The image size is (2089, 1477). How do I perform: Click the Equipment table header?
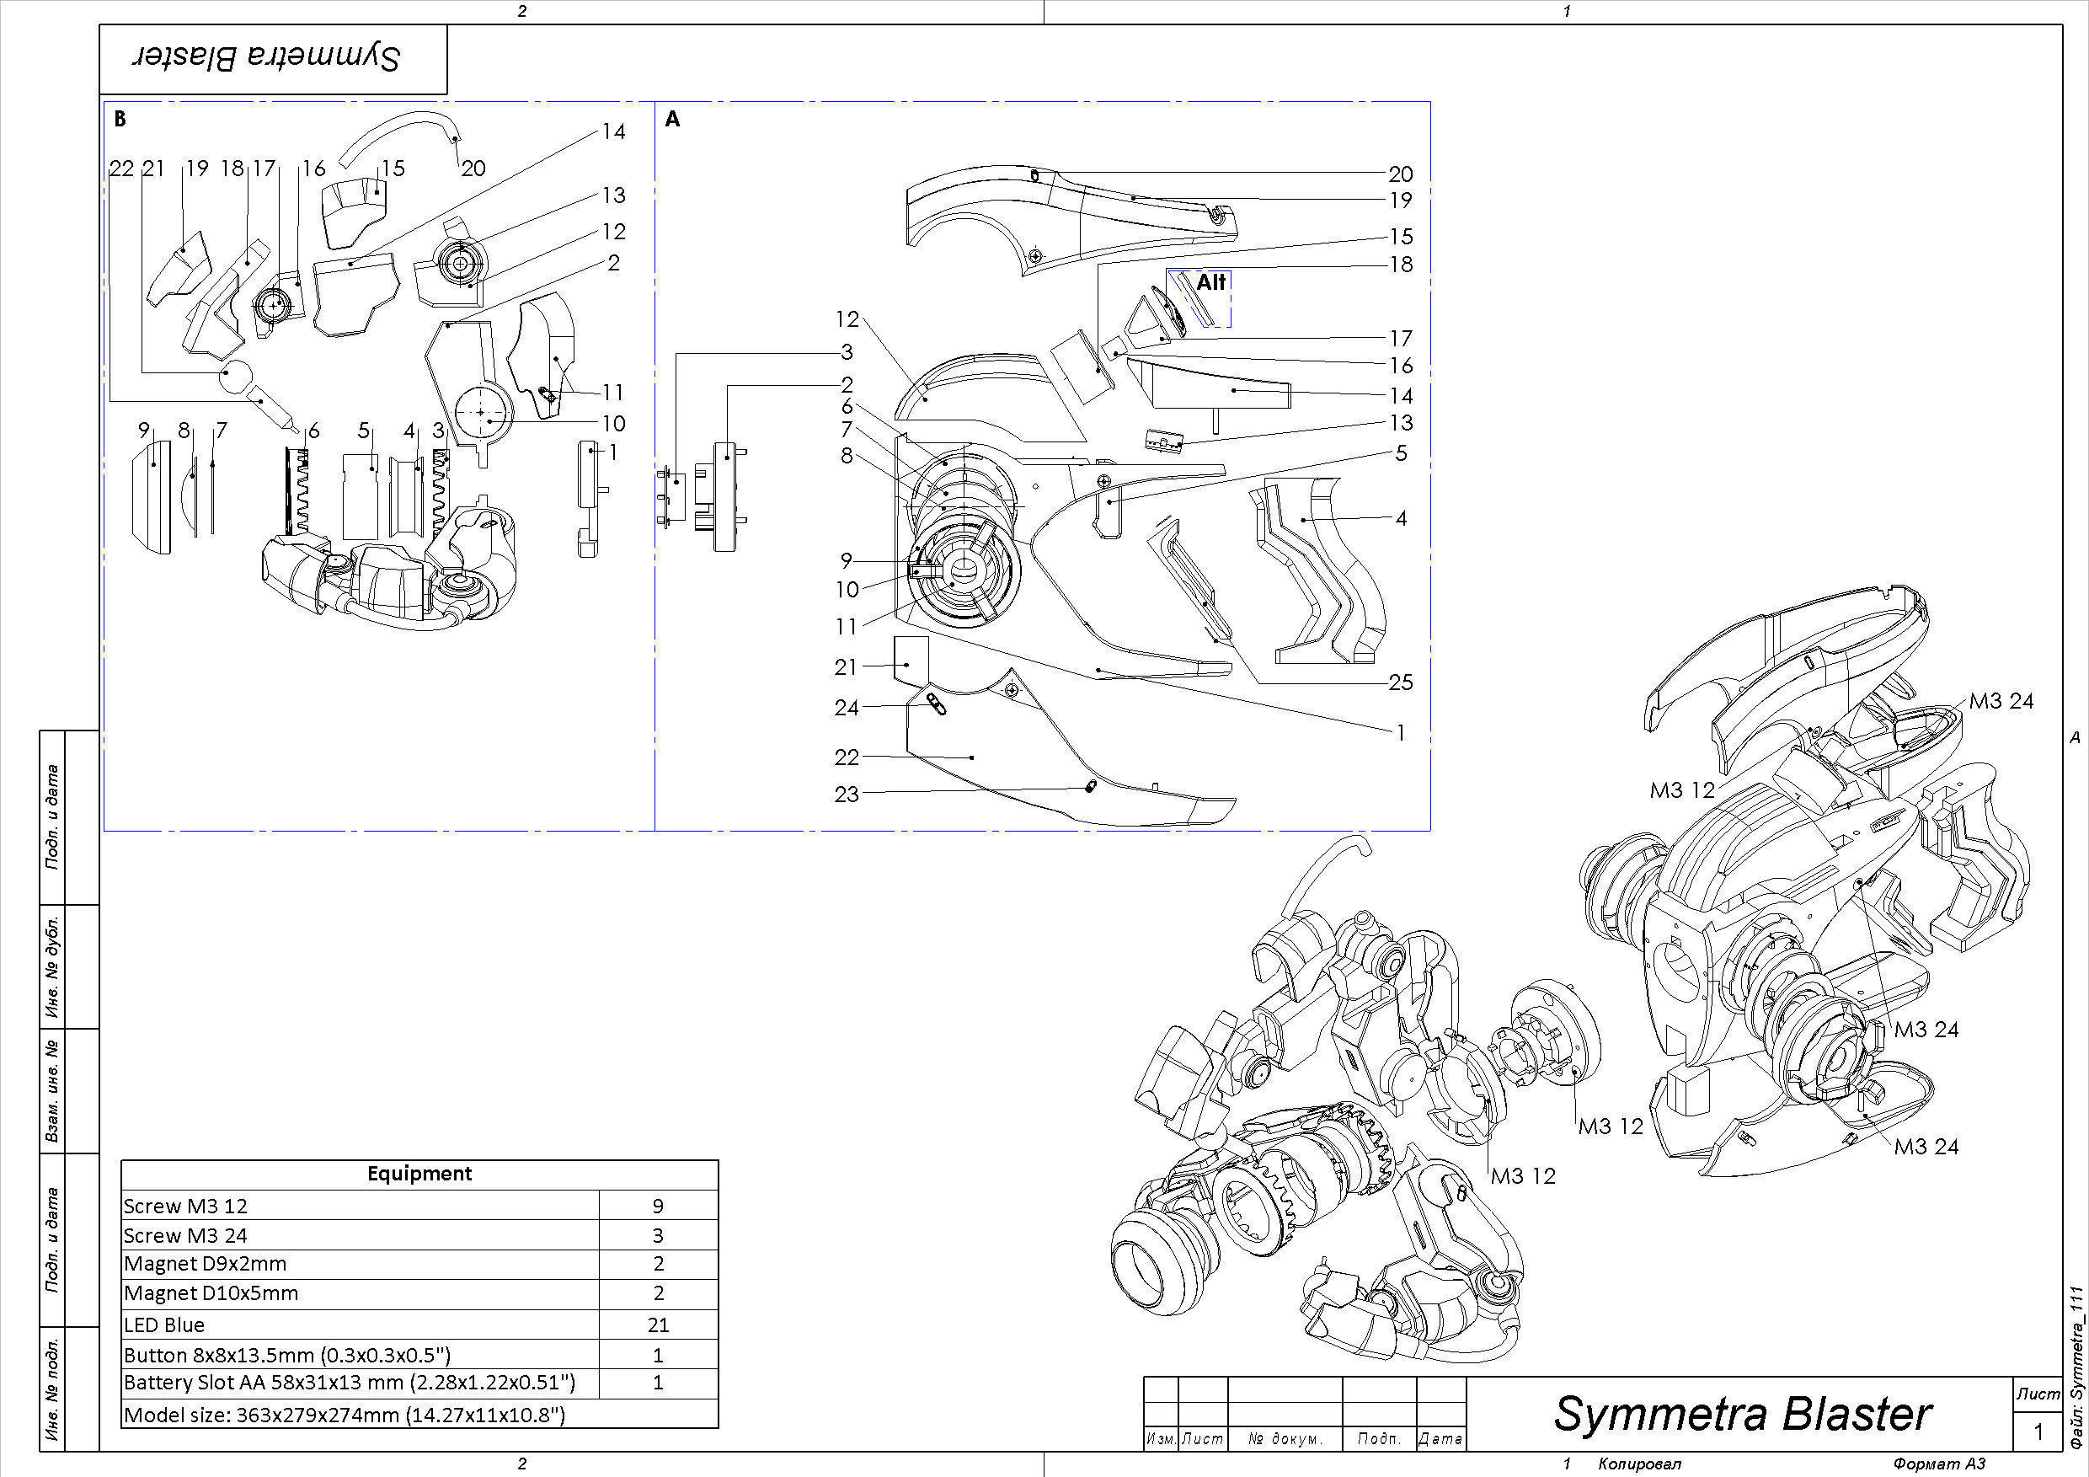click(419, 1174)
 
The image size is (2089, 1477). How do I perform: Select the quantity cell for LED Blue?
click(658, 1325)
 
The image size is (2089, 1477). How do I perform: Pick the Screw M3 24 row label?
click(185, 1236)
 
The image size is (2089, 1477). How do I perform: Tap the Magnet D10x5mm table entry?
click(211, 1293)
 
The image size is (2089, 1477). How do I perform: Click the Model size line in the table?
click(344, 1415)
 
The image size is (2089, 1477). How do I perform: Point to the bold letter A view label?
click(672, 119)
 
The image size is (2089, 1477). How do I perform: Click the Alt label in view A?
click(1210, 282)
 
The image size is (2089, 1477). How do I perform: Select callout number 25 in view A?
click(1400, 682)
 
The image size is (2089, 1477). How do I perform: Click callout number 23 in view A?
click(847, 795)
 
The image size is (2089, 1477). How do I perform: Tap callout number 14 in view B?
click(613, 132)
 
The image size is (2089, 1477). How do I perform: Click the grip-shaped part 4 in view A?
click(1319, 565)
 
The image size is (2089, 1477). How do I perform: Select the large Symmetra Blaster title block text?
click(1741, 1414)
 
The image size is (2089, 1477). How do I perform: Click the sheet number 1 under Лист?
click(2038, 1432)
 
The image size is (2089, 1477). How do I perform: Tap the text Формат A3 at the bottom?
click(1939, 1464)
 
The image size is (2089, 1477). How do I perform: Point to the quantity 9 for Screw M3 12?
click(658, 1206)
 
